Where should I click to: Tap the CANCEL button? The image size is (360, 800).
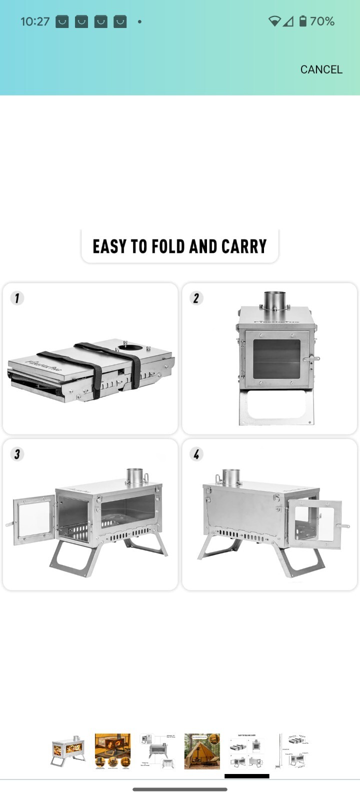coord(321,69)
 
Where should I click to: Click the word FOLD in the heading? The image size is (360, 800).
coord(168,246)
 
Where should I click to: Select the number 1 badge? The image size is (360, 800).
coord(17,298)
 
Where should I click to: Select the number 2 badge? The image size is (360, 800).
coord(196,298)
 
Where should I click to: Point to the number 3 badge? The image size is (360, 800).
coord(17,454)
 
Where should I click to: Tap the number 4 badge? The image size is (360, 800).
coord(196,454)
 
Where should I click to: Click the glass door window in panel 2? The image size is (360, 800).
coord(276,359)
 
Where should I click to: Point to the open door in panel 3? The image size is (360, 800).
coord(34,520)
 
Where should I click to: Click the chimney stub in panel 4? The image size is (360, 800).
coord(230,477)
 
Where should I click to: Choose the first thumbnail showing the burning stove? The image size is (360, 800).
coord(68,751)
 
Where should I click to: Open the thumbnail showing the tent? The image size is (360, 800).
coord(202,751)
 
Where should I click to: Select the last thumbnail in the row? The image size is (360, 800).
coord(292,751)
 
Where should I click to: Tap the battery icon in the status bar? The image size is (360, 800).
coord(302,21)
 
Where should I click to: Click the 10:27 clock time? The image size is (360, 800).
coord(35,21)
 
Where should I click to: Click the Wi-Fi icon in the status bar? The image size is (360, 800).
coord(274,21)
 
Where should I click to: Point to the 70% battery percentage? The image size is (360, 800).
coord(322,21)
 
